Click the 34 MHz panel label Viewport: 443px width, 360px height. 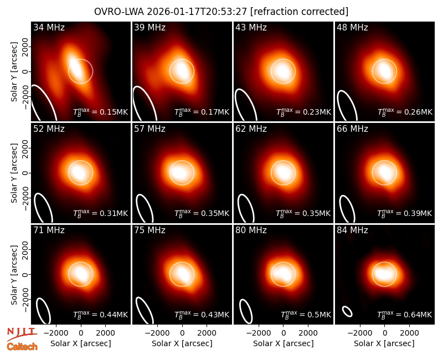coord(49,27)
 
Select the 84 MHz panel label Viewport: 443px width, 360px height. coord(352,230)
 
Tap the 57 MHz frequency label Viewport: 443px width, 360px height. coord(150,129)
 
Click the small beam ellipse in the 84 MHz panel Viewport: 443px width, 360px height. coord(347,311)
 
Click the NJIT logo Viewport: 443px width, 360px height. coord(22,333)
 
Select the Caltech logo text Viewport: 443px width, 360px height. coord(22,347)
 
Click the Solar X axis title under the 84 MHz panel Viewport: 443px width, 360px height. coord(384,343)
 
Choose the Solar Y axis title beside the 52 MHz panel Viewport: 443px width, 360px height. coord(14,173)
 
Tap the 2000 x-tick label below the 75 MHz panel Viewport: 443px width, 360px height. coord(207,333)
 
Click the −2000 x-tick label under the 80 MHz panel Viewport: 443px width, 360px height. coord(259,333)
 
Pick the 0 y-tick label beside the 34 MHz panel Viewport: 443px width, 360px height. coord(25,71)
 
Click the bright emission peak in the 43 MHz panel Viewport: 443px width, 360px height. coord(283,71)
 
